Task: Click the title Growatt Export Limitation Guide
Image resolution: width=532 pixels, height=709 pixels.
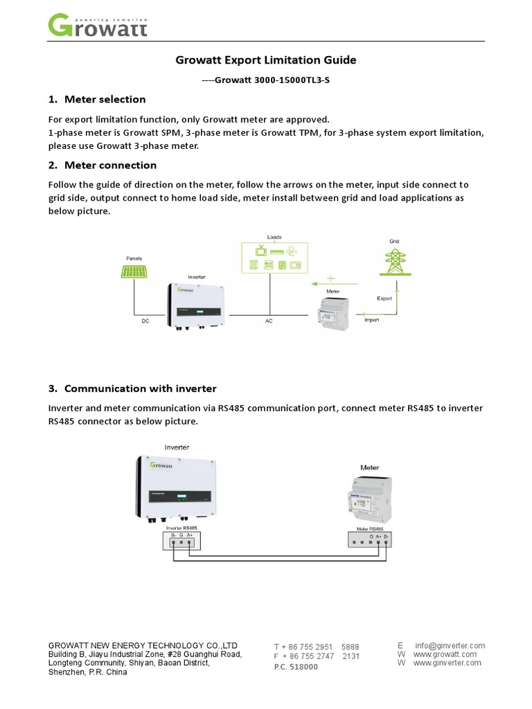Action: pos(265,60)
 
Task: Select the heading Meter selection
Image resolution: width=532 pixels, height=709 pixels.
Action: pos(105,99)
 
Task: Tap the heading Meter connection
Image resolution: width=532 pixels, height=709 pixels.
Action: pos(110,165)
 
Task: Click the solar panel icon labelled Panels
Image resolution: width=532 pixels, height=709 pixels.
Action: pos(134,271)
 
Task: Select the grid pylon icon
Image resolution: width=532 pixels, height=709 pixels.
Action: pos(395,261)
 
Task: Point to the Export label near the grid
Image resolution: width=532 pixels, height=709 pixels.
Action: pos(384,299)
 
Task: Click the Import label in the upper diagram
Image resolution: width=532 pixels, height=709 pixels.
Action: pos(372,321)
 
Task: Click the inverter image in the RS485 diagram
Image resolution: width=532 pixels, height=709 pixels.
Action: pos(176,485)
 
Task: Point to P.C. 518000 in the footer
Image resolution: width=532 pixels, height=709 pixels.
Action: pos(296,667)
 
